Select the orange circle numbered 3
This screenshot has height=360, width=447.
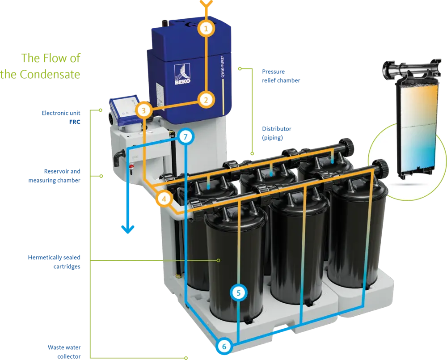(x=143, y=110)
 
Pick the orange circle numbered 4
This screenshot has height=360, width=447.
(x=164, y=199)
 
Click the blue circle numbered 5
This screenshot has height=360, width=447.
(x=238, y=293)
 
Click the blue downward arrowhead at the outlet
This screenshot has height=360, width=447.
(x=128, y=229)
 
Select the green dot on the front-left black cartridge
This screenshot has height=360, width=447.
(x=219, y=260)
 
